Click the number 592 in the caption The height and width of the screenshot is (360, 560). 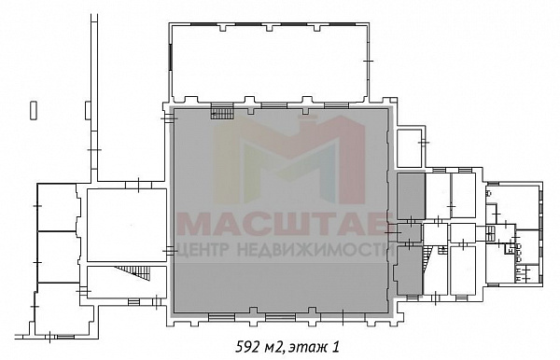point(247,347)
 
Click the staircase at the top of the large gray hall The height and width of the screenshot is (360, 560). point(222,114)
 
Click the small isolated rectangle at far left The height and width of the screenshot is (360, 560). point(34,111)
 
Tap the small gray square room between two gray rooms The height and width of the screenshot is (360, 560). point(410,232)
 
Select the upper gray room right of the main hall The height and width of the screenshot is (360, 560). point(411,196)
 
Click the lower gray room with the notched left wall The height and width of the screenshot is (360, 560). point(409,270)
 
